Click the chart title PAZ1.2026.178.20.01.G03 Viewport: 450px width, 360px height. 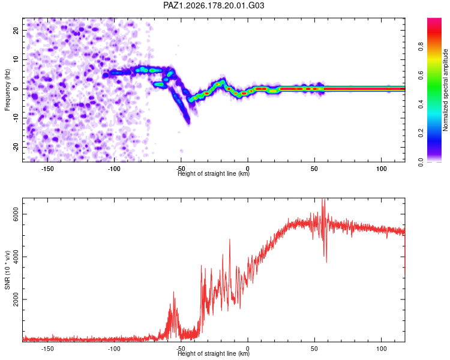coord(214,5)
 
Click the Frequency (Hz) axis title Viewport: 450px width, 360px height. coord(7,90)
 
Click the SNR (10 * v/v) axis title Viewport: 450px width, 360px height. coord(7,270)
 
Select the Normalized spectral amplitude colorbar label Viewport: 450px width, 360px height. coord(445,90)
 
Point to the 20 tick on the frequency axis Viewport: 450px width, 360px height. coord(16,30)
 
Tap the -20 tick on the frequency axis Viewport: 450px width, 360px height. coord(16,148)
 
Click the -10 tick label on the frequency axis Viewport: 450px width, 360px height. coord(16,118)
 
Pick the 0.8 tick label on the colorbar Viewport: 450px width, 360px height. coord(421,46)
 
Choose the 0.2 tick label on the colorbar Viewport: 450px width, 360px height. coord(421,133)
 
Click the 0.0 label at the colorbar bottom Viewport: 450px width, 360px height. coord(421,162)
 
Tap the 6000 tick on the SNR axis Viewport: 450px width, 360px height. coord(16,214)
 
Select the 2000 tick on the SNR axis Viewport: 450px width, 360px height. coord(16,299)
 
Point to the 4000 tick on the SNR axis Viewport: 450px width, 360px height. coord(16,257)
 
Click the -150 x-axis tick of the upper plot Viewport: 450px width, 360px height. coord(47,169)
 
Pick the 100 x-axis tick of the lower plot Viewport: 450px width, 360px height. coord(382,349)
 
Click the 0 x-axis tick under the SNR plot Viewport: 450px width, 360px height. coord(248,349)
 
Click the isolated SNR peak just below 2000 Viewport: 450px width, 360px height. coord(173,292)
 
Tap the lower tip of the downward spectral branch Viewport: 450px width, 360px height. coord(188,123)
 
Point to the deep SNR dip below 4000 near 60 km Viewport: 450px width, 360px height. coord(326,262)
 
